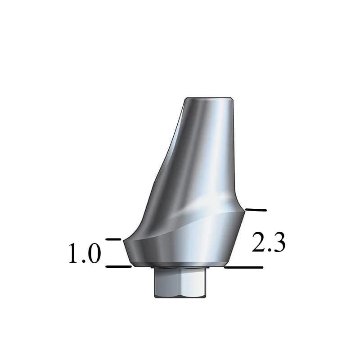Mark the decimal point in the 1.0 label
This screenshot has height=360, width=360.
[84, 261]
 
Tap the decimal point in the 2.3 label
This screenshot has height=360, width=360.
[269, 251]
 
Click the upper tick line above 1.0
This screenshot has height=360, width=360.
[113, 239]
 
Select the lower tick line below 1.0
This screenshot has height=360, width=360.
[118, 266]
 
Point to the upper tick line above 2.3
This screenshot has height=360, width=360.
[255, 210]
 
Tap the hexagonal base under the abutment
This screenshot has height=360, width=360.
[180, 283]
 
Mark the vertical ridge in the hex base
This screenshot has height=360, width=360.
[182, 283]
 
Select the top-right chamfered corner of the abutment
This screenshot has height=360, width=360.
[233, 99]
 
